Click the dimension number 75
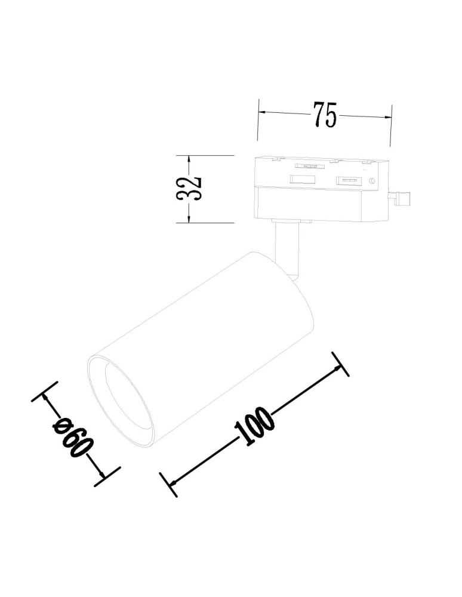(324, 115)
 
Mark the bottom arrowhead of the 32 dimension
(189, 219)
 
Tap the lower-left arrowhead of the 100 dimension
(171, 481)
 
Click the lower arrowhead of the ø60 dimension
(103, 475)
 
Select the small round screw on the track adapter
(372, 181)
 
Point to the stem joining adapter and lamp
(285, 245)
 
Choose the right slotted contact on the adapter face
(349, 181)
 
